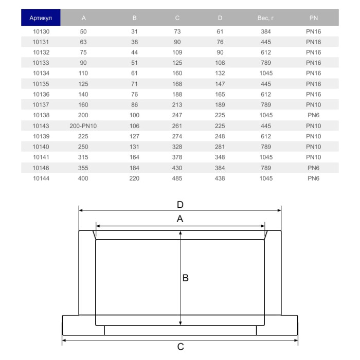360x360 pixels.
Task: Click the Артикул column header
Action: click(41, 18)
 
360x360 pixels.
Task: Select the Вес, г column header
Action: click(266, 18)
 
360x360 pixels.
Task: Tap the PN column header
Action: click(313, 18)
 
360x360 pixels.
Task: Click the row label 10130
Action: click(41, 31)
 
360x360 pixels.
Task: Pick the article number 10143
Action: click(41, 126)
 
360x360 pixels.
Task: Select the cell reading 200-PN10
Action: click(83, 126)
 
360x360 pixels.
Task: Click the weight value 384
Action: click(266, 31)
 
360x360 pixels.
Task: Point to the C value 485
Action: click(177, 178)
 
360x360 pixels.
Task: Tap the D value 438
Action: click(220, 178)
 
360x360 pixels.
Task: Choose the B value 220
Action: click(135, 178)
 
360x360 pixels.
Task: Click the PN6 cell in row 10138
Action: click(313, 115)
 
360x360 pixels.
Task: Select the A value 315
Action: click(83, 157)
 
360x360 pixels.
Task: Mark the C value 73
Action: click(177, 31)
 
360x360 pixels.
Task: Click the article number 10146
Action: click(41, 168)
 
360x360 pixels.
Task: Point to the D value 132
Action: click(220, 74)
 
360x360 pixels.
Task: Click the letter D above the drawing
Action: click(180, 204)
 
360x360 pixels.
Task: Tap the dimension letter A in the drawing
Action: click(180, 219)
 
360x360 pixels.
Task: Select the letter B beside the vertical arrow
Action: click(186, 278)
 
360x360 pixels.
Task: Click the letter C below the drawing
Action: click(181, 347)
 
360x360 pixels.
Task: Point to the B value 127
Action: click(135, 136)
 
